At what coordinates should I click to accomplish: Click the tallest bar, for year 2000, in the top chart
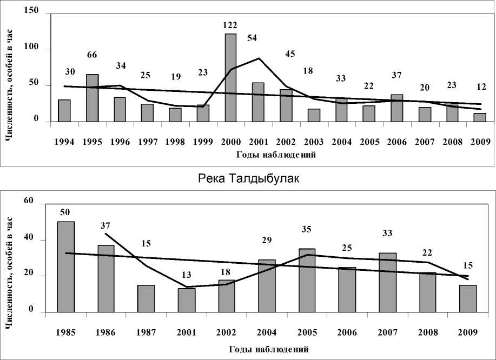click(230, 77)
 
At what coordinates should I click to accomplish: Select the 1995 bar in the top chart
click(92, 97)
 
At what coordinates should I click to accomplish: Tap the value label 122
click(230, 25)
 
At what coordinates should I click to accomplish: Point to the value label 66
click(92, 55)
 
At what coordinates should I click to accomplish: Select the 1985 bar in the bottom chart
click(66, 266)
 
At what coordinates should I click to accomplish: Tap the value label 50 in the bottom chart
click(66, 212)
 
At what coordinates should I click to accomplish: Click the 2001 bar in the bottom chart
click(187, 300)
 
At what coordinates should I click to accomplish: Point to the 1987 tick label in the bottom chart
click(146, 332)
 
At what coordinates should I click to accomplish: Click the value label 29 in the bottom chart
click(267, 238)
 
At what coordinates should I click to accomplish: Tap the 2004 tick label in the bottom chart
click(267, 332)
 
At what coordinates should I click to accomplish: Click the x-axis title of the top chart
click(276, 155)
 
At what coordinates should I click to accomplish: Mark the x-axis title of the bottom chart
click(268, 349)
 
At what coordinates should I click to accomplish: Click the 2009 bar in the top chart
click(480, 117)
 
